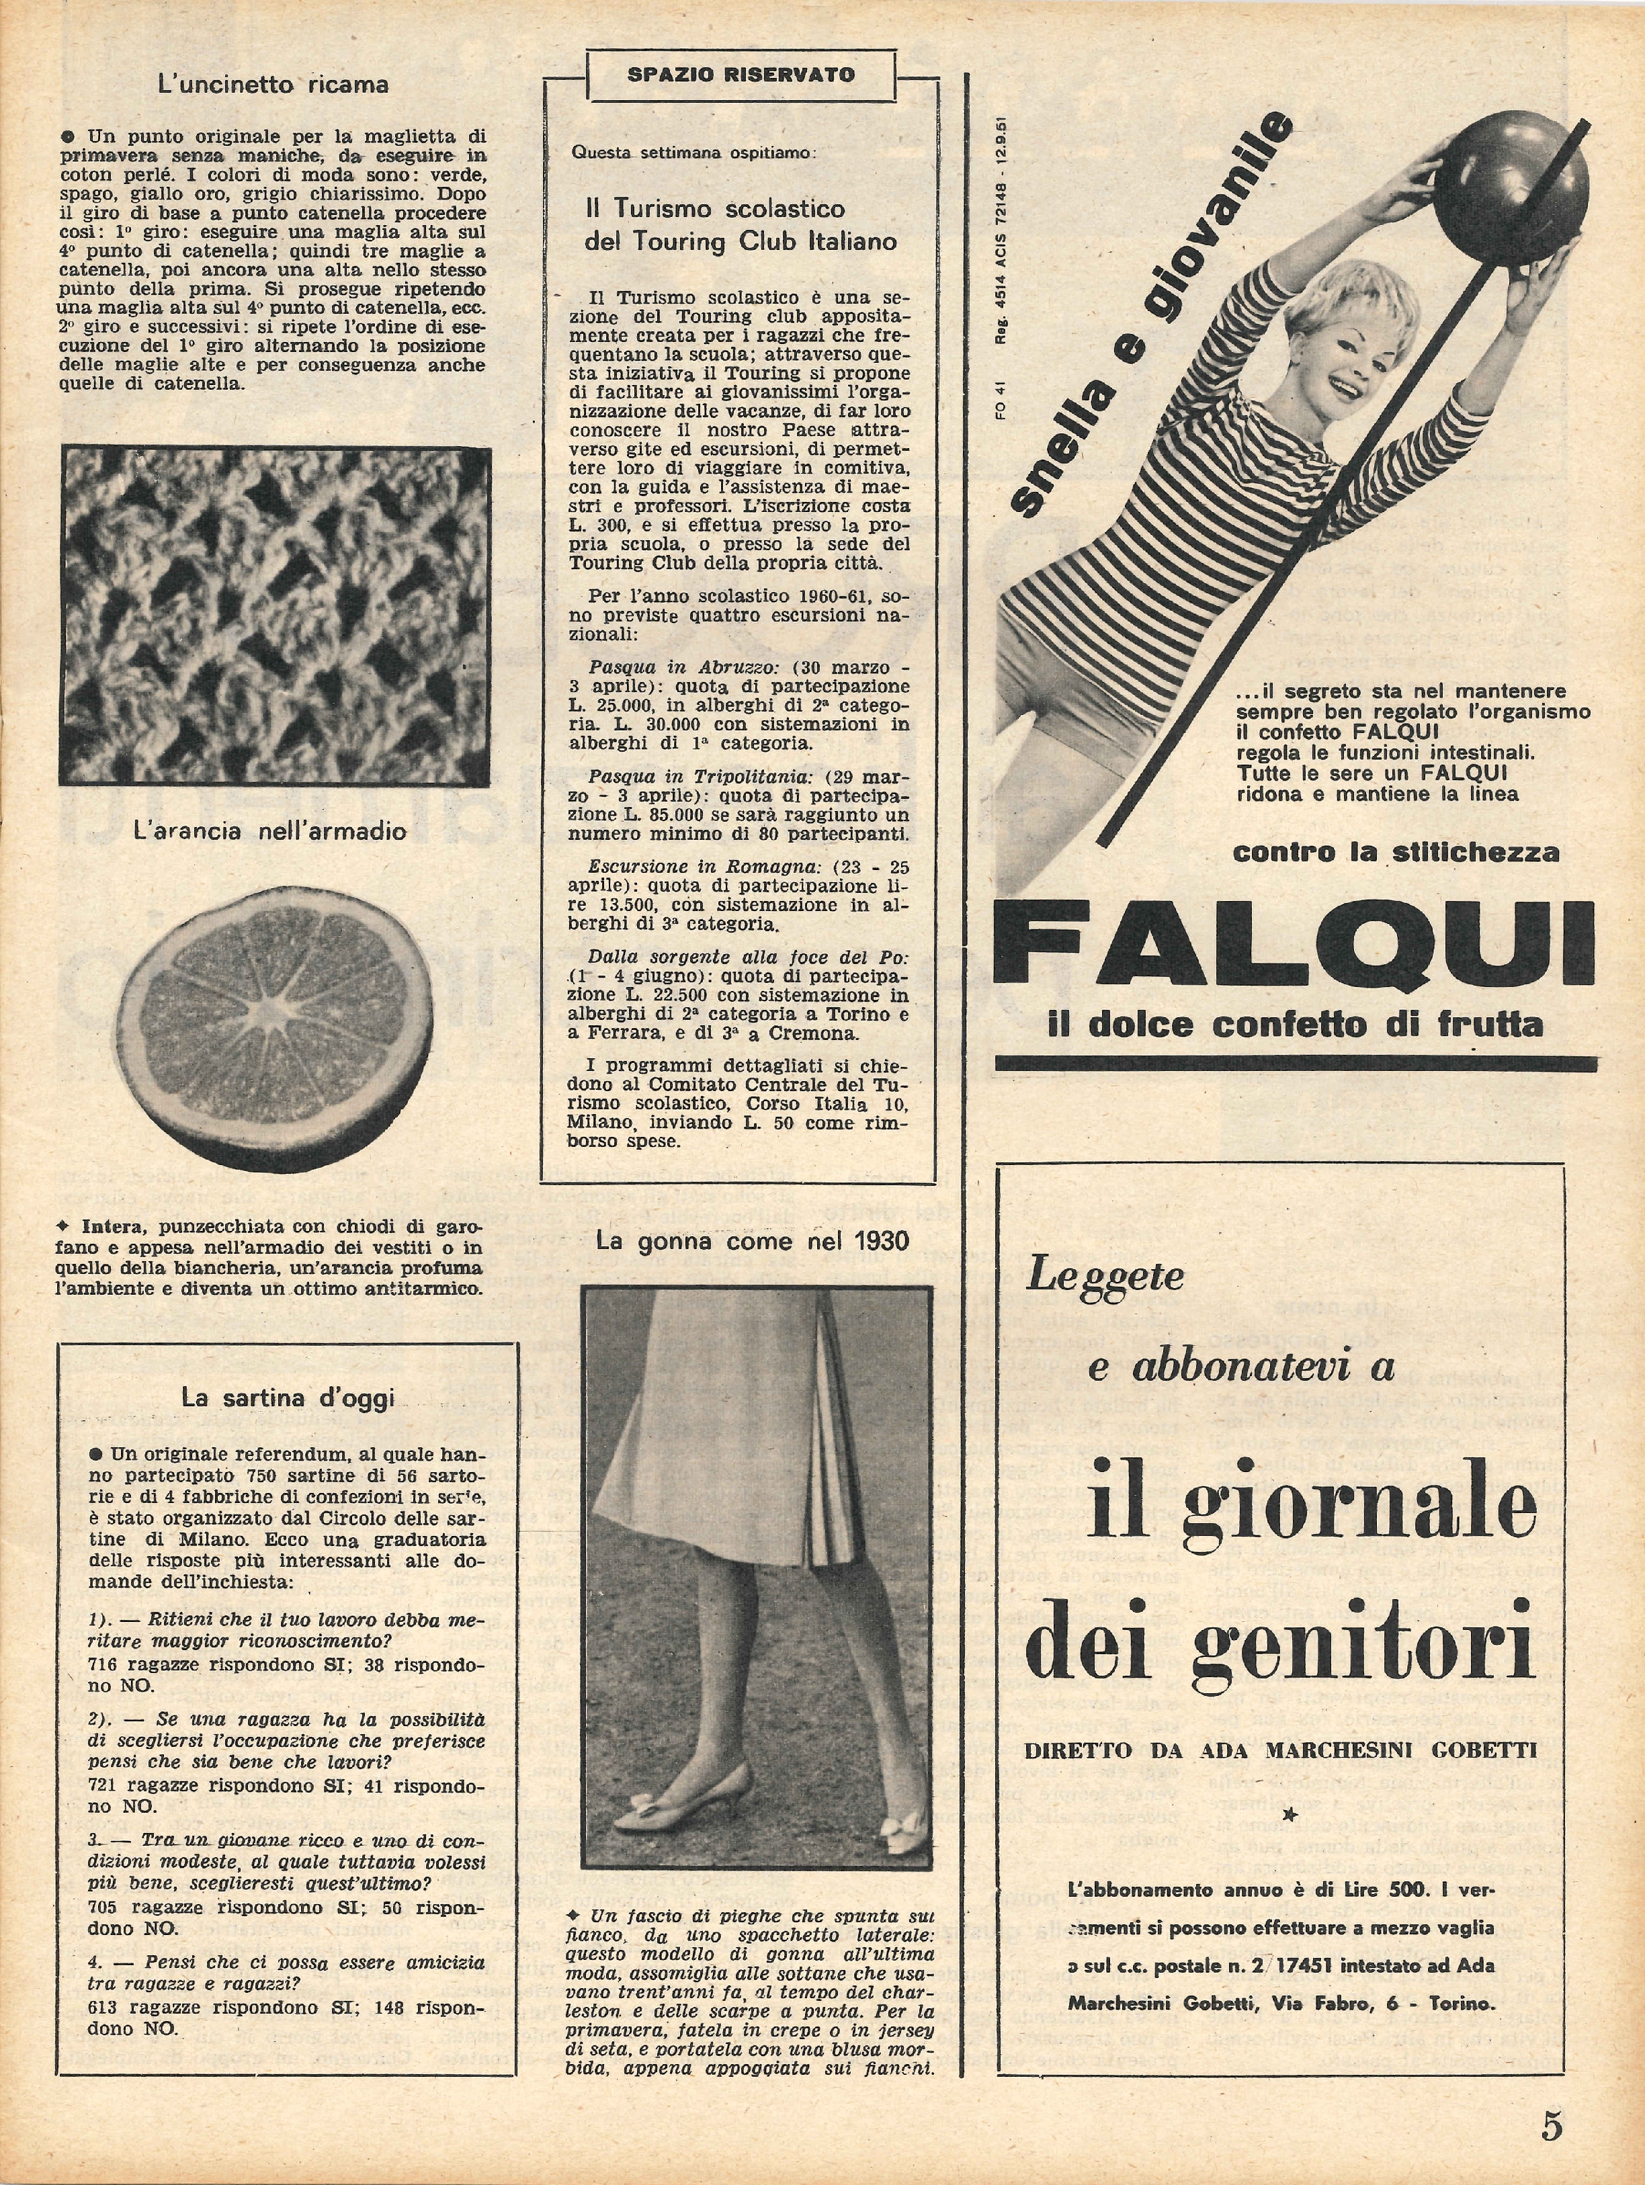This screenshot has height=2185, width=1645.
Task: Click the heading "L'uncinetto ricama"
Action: [x=273, y=85]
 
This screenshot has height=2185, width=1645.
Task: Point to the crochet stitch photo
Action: [x=276, y=616]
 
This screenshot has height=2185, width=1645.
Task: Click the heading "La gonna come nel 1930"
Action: [x=752, y=1241]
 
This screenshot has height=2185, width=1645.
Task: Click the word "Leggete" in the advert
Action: [x=1105, y=1275]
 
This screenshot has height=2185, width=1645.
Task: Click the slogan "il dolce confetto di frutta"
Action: [x=1294, y=1025]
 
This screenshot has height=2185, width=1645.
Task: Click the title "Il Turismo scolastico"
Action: [x=714, y=208]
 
